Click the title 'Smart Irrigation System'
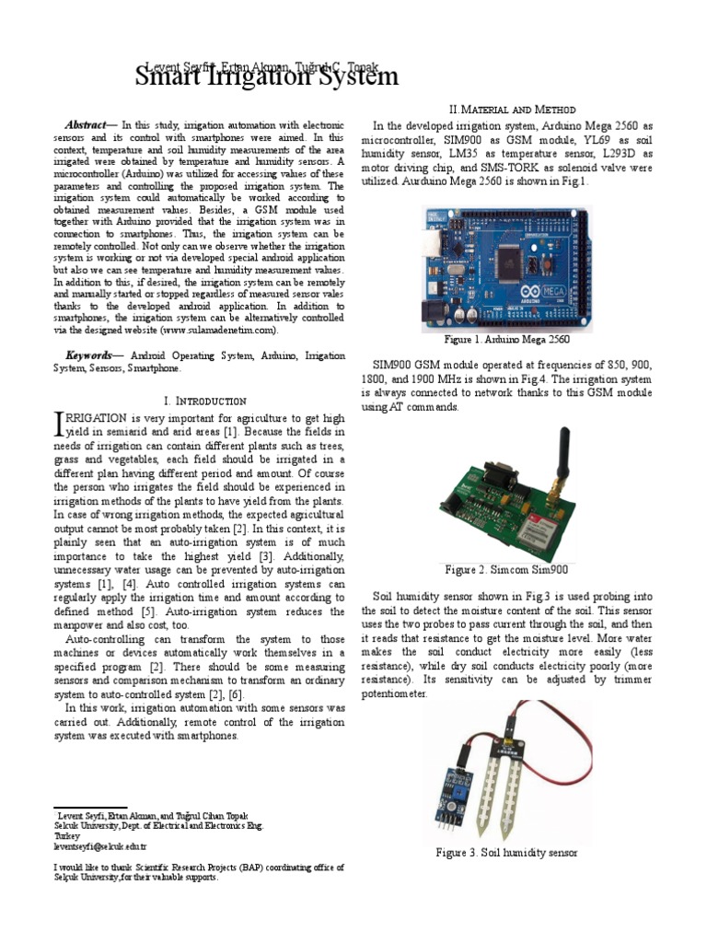[x=267, y=78]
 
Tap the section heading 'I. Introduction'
[x=203, y=402]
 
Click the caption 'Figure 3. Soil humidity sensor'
[x=506, y=853]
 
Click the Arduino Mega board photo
[x=508, y=269]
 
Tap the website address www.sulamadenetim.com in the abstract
[x=217, y=329]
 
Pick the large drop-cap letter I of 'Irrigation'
[x=61, y=423]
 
